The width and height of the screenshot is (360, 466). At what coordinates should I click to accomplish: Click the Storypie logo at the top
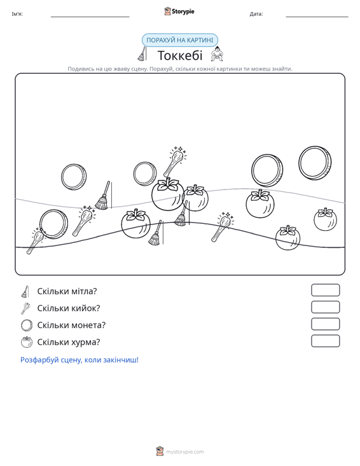[179, 11]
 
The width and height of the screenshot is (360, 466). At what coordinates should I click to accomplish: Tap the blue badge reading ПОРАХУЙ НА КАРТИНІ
[180, 40]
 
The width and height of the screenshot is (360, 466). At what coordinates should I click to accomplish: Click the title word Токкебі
[180, 55]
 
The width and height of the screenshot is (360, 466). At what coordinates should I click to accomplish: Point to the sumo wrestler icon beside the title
[217, 54]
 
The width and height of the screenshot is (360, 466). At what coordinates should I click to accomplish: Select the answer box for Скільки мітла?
[325, 290]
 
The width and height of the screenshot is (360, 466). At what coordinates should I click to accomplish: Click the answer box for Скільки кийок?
[325, 307]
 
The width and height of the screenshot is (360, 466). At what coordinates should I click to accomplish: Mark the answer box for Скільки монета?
[325, 324]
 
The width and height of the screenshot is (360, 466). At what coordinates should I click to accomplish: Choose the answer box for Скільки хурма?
[325, 341]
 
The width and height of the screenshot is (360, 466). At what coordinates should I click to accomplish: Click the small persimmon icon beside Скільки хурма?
[27, 342]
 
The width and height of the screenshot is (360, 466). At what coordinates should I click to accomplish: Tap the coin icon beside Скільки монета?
[27, 325]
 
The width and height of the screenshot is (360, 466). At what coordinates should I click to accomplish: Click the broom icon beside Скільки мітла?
[25, 292]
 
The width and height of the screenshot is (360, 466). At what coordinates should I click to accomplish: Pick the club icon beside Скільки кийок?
[25, 308]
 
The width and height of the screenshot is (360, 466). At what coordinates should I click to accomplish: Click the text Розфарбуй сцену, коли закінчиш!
[80, 360]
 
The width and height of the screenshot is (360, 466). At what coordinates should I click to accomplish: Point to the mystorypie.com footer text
[185, 452]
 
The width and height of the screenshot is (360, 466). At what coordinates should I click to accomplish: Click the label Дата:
[256, 14]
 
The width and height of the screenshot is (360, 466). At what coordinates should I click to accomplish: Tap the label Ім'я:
[17, 14]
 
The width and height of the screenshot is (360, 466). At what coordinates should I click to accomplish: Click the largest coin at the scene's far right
[315, 163]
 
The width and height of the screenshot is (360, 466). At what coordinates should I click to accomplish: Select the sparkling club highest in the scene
[175, 161]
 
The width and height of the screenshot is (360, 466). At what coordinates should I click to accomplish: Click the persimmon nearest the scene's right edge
[325, 219]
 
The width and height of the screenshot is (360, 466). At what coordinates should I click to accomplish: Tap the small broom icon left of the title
[142, 54]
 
